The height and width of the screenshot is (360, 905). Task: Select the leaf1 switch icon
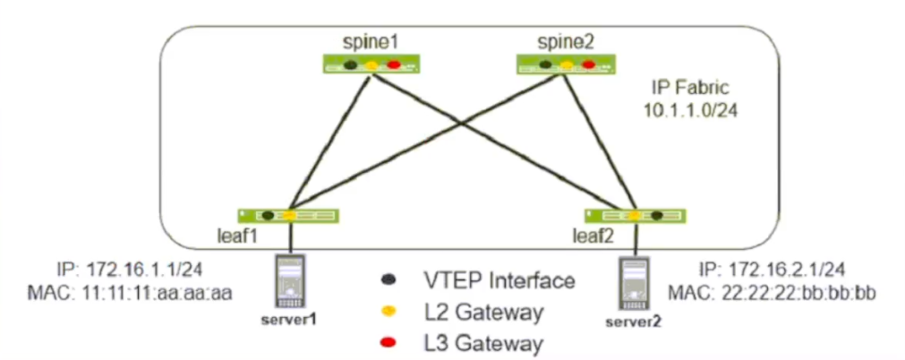(289, 215)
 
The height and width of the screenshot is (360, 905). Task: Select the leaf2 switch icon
(635, 215)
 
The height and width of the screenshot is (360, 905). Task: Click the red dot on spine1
(394, 65)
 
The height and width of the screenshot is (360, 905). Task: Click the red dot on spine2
(588, 64)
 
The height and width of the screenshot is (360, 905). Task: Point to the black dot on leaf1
(268, 215)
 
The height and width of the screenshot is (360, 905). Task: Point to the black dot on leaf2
(657, 215)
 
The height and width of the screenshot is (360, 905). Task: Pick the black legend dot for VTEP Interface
(387, 280)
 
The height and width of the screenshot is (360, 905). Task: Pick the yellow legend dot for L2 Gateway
(387, 310)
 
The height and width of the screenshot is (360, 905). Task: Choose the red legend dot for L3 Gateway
(387, 340)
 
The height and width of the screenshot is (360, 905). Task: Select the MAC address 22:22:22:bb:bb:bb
(784, 289)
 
